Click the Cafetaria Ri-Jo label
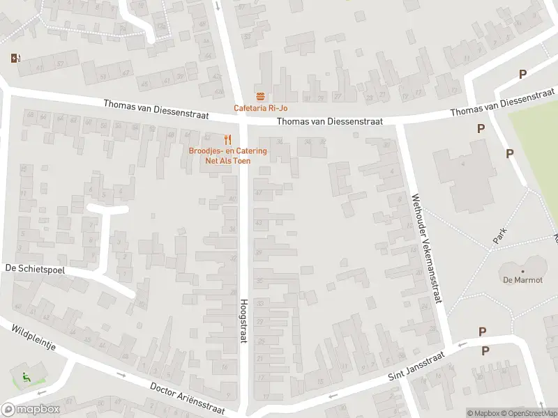coord(260,108)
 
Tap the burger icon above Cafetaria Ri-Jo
coord(260,96)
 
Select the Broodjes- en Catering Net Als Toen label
coord(218,155)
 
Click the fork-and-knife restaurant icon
coord(227,139)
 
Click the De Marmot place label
coord(522,281)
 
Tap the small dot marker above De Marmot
coord(522,272)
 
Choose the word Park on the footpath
coord(499,235)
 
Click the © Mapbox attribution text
coord(483,413)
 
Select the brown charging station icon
coord(15,59)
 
